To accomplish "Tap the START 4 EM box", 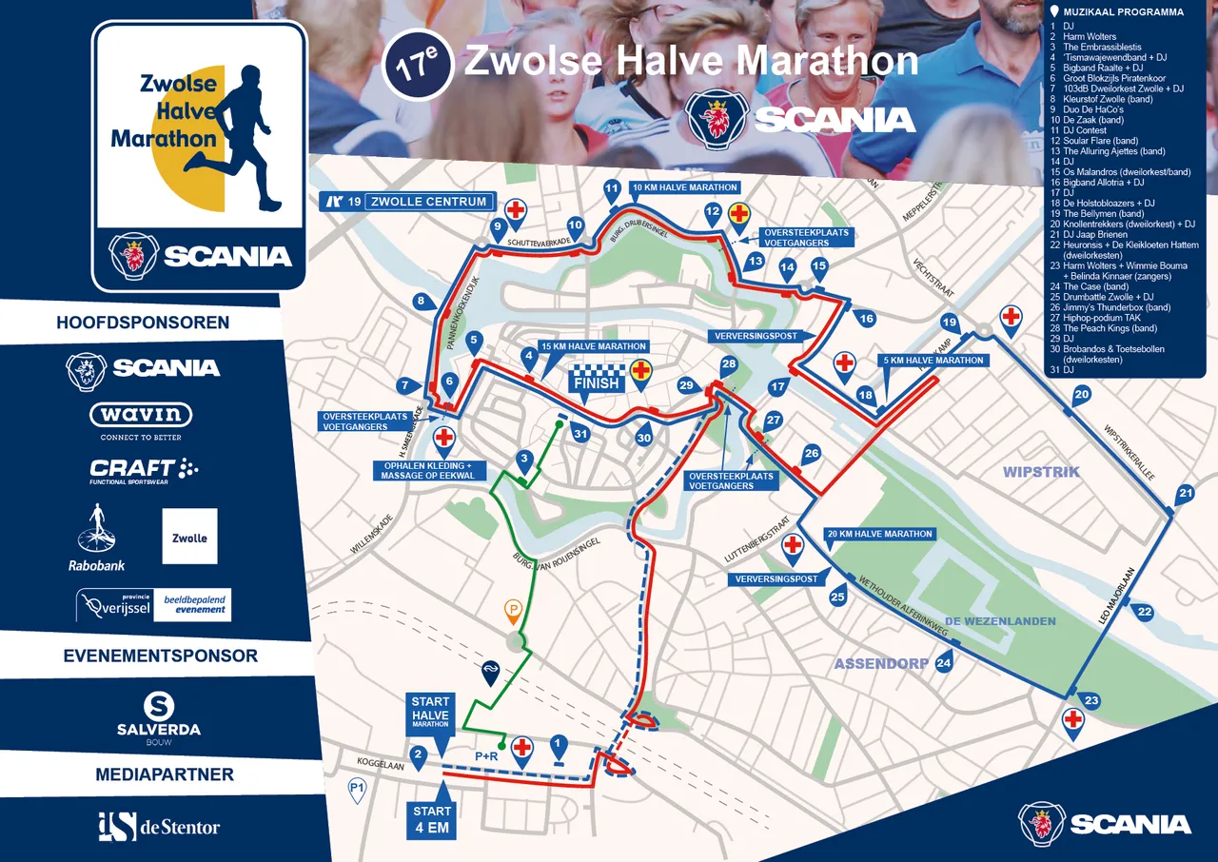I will tap(432, 819).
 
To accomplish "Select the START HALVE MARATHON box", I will tap(430, 712).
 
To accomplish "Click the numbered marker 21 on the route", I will tap(1185, 493).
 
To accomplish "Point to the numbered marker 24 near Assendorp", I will tap(944, 663).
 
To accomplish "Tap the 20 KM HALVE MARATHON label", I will tap(880, 534).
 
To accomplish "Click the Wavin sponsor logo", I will tap(141, 416).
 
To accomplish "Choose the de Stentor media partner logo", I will tap(159, 826).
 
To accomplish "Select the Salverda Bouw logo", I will tap(158, 715).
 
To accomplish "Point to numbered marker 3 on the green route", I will tap(523, 459).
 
